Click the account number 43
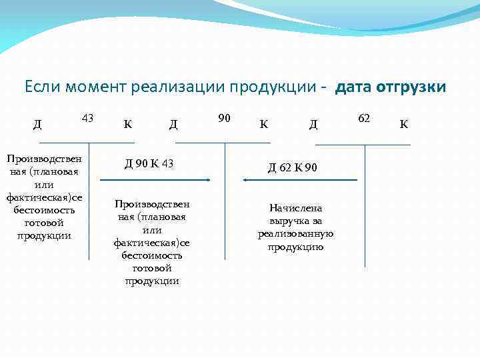(x=87, y=118)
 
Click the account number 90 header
(x=225, y=118)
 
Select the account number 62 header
(x=364, y=118)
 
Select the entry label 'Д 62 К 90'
(x=293, y=167)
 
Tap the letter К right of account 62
(x=403, y=123)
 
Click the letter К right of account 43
(x=127, y=123)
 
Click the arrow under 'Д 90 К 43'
(x=155, y=180)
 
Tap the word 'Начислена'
(x=295, y=208)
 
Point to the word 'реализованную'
(x=295, y=234)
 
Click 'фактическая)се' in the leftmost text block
(x=44, y=197)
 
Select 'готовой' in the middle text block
(x=152, y=268)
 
